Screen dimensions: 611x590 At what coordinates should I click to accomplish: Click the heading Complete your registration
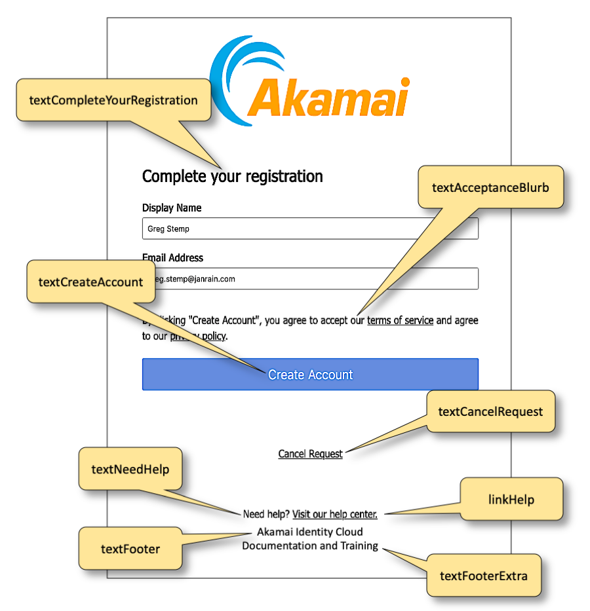point(233,176)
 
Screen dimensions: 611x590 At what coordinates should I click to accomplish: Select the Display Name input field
point(310,229)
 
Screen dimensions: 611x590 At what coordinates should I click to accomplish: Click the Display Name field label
point(172,208)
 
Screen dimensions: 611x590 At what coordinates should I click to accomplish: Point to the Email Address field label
point(173,257)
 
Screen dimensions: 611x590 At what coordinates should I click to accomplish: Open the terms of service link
point(400,320)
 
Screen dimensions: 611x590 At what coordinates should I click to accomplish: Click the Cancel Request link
point(310,454)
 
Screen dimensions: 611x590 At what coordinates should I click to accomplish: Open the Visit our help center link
point(334,514)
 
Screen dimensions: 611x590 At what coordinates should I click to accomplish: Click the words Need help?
point(266,514)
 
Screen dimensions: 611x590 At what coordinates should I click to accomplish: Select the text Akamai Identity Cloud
point(309,532)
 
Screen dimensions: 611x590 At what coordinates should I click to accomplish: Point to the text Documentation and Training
point(310,546)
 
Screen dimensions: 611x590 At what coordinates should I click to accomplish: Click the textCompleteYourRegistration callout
point(113,100)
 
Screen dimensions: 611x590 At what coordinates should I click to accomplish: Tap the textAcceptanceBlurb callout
point(490,187)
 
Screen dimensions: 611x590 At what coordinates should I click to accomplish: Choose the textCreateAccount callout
point(90,282)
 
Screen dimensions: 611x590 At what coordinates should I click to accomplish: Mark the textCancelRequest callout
point(490,412)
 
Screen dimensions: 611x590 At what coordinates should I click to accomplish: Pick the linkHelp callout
point(511,500)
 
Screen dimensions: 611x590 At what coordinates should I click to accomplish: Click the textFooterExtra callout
point(484,576)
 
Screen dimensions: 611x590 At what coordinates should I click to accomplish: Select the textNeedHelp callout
point(130,469)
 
